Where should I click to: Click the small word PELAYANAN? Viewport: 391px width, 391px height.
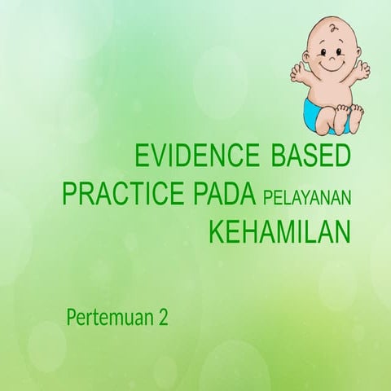coord(307,197)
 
